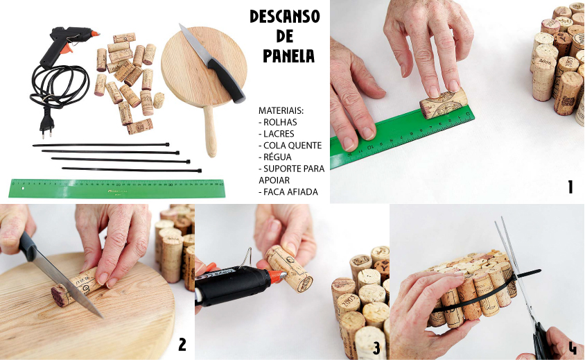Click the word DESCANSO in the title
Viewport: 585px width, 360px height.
click(x=285, y=17)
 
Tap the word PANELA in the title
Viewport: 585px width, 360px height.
click(x=289, y=56)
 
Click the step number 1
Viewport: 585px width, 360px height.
click(x=570, y=187)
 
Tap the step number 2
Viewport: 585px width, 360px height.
click(x=182, y=345)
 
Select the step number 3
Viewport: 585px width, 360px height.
click(x=376, y=348)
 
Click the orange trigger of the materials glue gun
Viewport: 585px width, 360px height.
click(x=66, y=49)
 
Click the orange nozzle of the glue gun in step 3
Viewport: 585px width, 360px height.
click(x=277, y=276)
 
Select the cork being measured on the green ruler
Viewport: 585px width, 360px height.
click(x=443, y=103)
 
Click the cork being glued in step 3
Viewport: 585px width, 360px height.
click(x=288, y=268)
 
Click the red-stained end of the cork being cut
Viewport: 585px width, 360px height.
click(x=59, y=295)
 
